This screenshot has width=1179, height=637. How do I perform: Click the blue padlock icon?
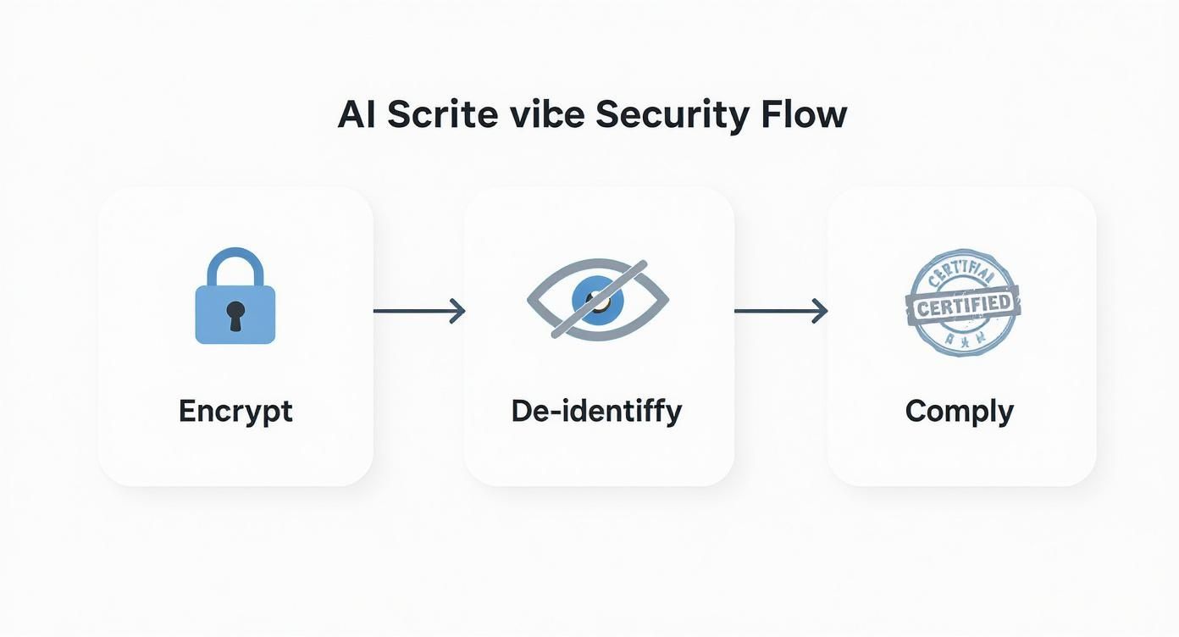pyautogui.click(x=235, y=298)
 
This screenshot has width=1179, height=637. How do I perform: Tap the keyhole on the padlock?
pyautogui.click(x=235, y=314)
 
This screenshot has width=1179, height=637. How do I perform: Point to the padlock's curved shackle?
pyautogui.click(x=235, y=264)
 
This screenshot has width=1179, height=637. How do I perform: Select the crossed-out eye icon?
pyautogui.click(x=597, y=300)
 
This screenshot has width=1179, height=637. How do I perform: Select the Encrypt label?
pyautogui.click(x=235, y=411)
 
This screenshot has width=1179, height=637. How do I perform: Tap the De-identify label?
pyautogui.click(x=596, y=411)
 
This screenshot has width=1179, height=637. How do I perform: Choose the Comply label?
pyautogui.click(x=959, y=412)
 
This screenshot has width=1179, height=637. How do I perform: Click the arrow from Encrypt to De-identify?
pyautogui.click(x=418, y=311)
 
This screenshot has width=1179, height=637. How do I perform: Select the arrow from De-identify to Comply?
pyautogui.click(x=779, y=311)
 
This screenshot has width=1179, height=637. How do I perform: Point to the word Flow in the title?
pyautogui.click(x=803, y=114)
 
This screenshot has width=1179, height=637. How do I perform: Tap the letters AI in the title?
pyautogui.click(x=356, y=114)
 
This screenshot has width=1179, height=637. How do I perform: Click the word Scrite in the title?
pyautogui.click(x=443, y=114)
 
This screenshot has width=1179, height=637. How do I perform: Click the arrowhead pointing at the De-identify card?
pyautogui.click(x=458, y=311)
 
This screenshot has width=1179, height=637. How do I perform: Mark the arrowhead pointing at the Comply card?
pyautogui.click(x=819, y=311)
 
